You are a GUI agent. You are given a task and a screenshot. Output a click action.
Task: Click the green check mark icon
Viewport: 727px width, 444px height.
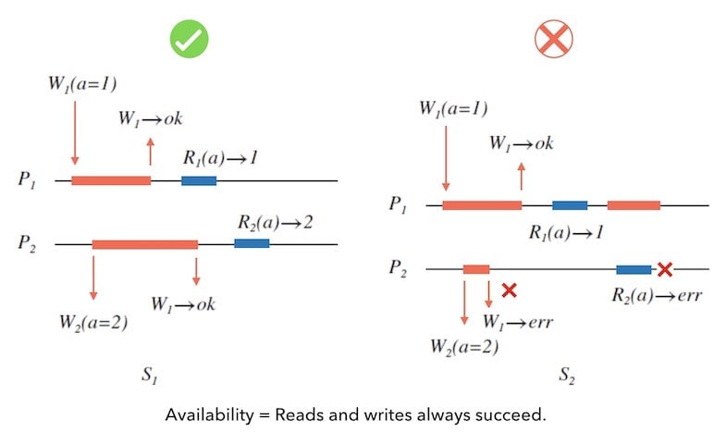coord(189,38)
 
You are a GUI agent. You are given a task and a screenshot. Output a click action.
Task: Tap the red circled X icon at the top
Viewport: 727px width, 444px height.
coord(554,38)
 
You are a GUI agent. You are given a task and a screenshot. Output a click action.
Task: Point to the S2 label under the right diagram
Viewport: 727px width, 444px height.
coord(566,376)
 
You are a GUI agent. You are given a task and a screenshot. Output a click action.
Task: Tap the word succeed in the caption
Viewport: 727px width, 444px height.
coord(512,414)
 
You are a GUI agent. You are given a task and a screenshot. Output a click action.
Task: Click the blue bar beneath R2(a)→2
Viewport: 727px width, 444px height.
coord(252,243)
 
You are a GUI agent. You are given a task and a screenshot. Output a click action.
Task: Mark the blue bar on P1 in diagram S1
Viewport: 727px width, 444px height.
coord(199,180)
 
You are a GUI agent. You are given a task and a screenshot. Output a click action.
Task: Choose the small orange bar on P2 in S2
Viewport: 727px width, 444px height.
coord(476,269)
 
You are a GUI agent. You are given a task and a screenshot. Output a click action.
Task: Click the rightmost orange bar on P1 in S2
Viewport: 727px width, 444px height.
coord(634,204)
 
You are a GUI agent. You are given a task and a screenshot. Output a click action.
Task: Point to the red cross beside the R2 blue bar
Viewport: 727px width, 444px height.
coord(664,270)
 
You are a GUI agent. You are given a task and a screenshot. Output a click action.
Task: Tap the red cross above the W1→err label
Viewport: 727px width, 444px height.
coord(508,290)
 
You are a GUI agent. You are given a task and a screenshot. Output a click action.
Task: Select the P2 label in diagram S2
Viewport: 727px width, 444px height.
coord(399,269)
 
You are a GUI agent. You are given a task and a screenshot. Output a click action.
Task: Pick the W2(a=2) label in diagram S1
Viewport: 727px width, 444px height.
coord(96,323)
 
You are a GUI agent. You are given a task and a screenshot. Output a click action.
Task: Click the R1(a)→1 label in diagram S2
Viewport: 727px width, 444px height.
coord(566,233)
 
